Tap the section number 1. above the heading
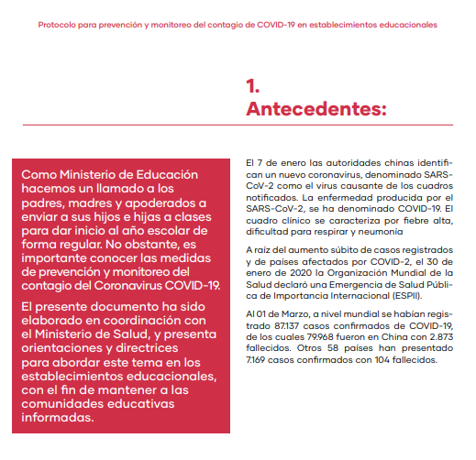(x=253, y=86)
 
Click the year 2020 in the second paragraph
(x=298, y=272)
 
